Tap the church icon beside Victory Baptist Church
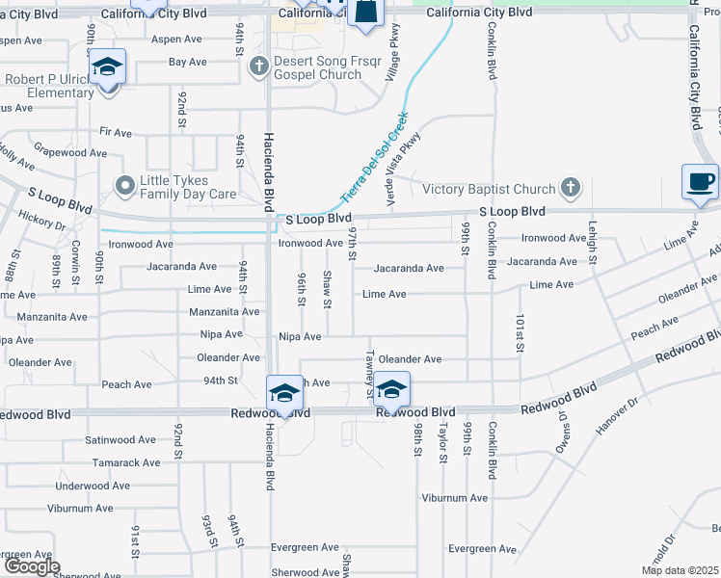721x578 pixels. [571, 189]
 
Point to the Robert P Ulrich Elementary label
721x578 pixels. [45, 87]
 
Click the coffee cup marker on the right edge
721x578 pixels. [699, 181]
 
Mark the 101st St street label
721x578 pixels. [519, 332]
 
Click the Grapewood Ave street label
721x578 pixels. [70, 153]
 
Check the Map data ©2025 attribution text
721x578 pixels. [679, 570]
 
